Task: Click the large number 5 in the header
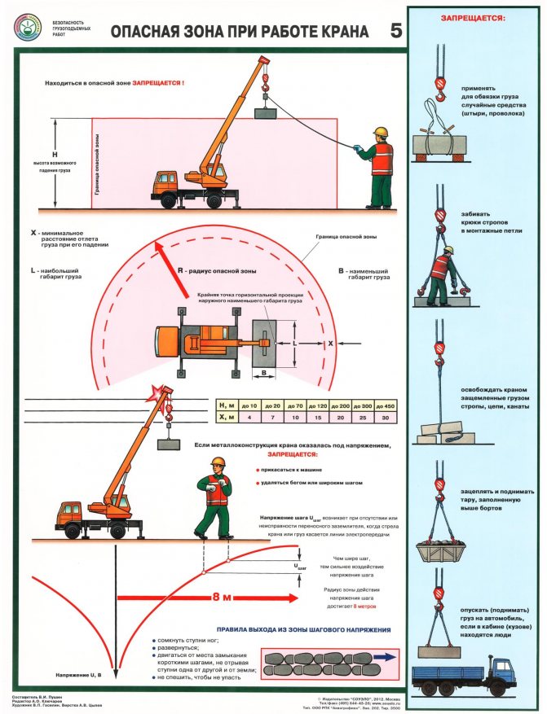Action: point(396,31)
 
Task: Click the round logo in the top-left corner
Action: point(27,28)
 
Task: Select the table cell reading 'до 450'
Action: point(382,405)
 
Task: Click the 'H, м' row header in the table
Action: point(227,405)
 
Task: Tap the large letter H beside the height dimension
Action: point(55,154)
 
